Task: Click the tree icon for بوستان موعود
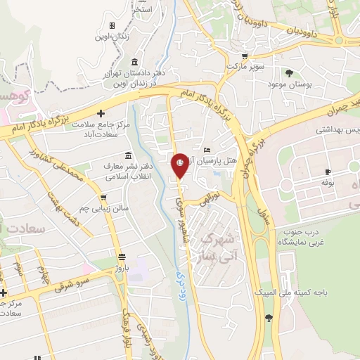(x=289, y=72)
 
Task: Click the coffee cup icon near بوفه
(x=328, y=172)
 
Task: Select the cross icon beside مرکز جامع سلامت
(x=101, y=113)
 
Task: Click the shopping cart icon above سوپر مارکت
(x=244, y=56)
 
